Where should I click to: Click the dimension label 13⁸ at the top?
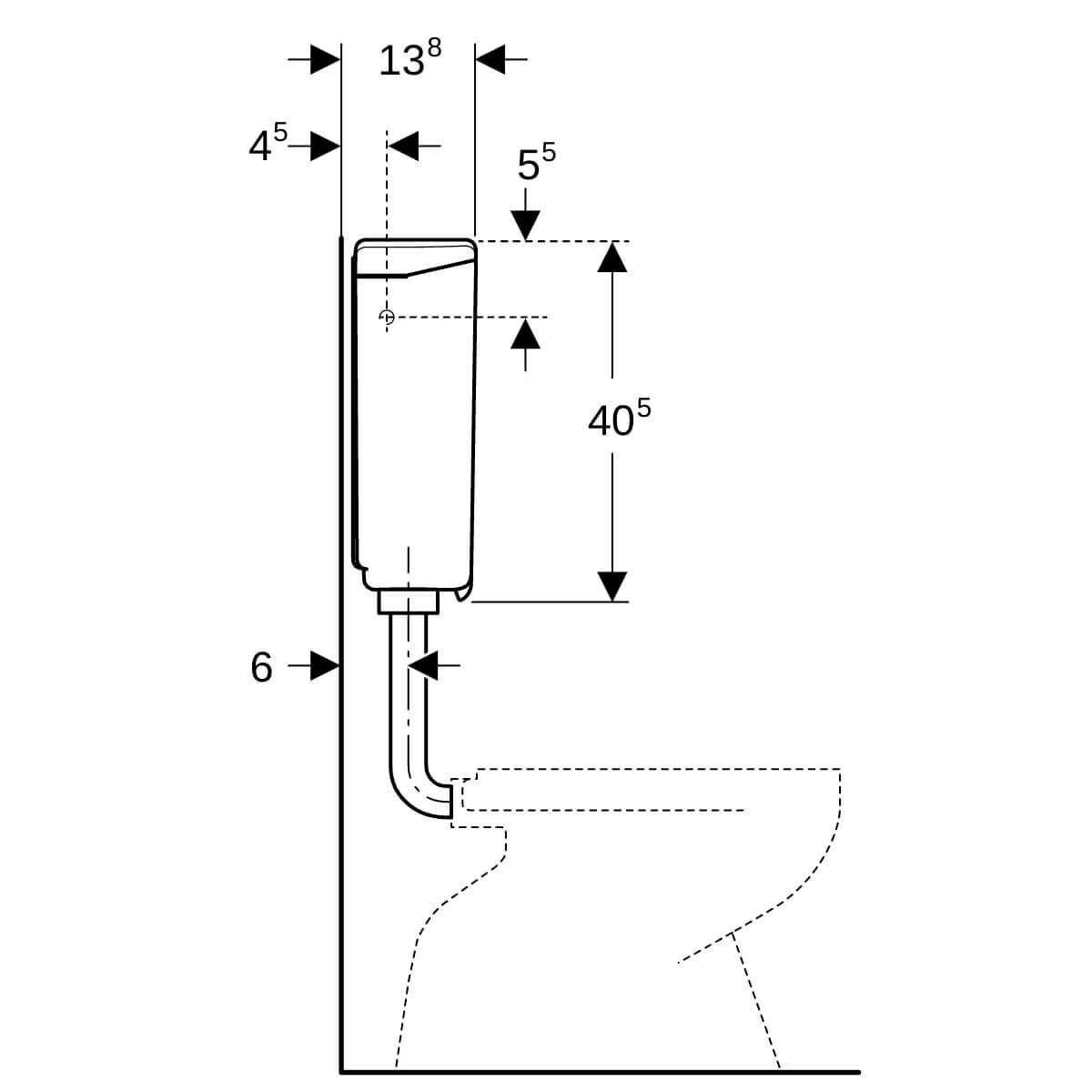point(409,58)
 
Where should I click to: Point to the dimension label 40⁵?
point(619,419)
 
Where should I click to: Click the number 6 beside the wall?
point(261,668)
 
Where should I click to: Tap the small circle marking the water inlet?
point(387,317)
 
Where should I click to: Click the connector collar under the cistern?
point(409,602)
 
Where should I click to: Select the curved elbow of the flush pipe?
point(421,793)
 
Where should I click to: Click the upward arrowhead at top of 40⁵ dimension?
point(612,257)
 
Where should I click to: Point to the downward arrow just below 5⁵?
point(525,214)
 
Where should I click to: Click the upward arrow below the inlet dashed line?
point(525,345)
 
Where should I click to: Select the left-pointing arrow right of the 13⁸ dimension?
point(500,59)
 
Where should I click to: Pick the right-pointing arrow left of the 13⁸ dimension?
point(314,59)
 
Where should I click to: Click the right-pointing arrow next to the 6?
point(314,665)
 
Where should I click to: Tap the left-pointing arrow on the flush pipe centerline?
point(434,665)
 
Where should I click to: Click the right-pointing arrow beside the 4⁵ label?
point(314,146)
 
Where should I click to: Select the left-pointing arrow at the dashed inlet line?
point(414,146)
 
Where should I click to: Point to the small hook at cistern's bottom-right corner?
point(463,592)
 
